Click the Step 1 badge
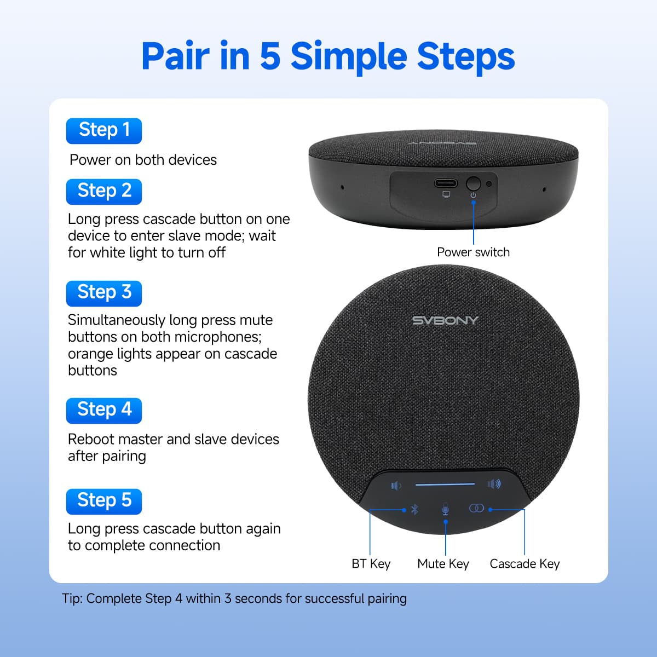point(103,130)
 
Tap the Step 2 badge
point(103,191)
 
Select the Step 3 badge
point(103,293)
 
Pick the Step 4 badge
point(103,410)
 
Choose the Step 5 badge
point(103,501)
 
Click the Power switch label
point(473,252)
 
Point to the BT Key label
point(371,564)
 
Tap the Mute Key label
point(443,564)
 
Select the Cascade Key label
point(525,564)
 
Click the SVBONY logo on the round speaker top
point(445,320)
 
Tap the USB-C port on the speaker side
point(446,183)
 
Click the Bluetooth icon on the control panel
point(414,510)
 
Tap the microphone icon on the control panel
point(445,509)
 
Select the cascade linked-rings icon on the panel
point(476,509)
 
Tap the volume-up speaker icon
point(494,484)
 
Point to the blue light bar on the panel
point(445,484)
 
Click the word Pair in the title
point(175,56)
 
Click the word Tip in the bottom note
point(72,598)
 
